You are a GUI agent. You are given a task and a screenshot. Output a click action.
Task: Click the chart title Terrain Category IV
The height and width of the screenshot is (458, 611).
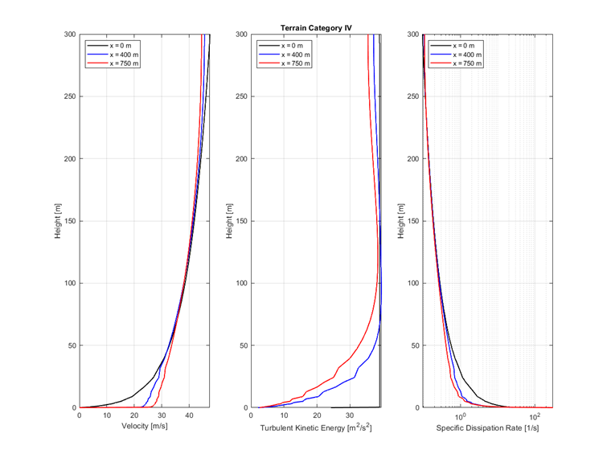point(316,27)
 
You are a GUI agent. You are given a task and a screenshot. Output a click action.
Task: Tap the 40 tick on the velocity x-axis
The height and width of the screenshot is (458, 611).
point(190,416)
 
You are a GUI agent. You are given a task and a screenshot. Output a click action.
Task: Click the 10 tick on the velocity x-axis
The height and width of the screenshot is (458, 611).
point(107,416)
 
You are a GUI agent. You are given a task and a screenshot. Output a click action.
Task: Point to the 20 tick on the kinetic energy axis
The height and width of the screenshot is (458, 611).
point(317,416)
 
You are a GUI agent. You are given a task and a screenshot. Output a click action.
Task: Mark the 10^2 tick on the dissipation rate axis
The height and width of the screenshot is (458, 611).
point(536,416)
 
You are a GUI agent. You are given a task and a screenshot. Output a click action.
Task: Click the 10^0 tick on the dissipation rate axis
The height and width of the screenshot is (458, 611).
point(461,416)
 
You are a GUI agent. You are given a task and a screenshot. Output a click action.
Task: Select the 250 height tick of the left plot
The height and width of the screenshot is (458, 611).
point(69,96)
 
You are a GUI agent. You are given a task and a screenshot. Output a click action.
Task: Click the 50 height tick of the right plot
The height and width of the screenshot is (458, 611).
point(414,346)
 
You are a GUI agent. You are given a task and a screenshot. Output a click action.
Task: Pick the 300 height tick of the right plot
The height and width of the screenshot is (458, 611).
point(412,35)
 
